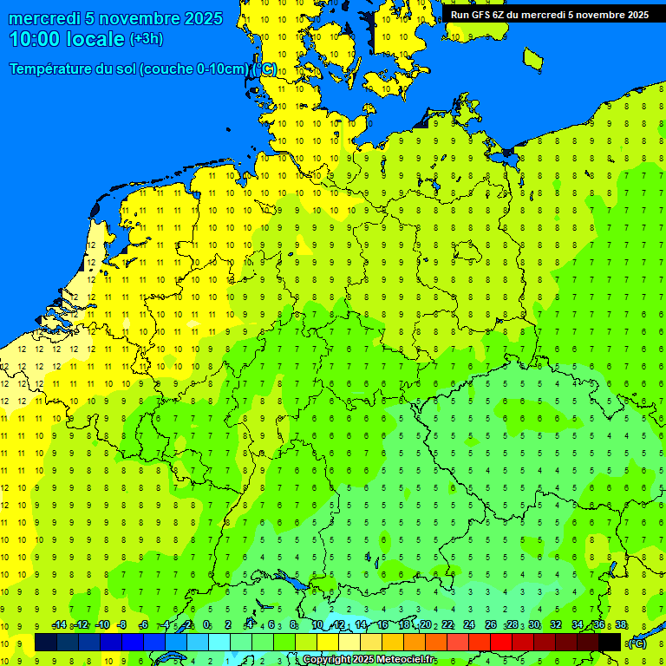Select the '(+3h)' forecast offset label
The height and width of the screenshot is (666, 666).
146,39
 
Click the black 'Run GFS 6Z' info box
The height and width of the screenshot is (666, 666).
549,14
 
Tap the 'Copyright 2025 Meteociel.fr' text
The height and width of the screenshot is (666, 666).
369,660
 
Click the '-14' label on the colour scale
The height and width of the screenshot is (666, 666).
59,625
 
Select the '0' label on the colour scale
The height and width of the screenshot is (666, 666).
206,625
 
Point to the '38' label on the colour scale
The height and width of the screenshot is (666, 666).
621,625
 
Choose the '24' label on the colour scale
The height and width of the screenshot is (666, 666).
469,625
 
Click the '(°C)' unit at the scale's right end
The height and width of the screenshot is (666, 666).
637,643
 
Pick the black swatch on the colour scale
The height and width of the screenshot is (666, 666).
610,643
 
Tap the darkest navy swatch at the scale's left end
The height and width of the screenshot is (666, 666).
46,643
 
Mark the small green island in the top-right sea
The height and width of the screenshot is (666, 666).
532,58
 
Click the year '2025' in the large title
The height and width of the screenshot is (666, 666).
200,18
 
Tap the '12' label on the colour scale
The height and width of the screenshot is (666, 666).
338,625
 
